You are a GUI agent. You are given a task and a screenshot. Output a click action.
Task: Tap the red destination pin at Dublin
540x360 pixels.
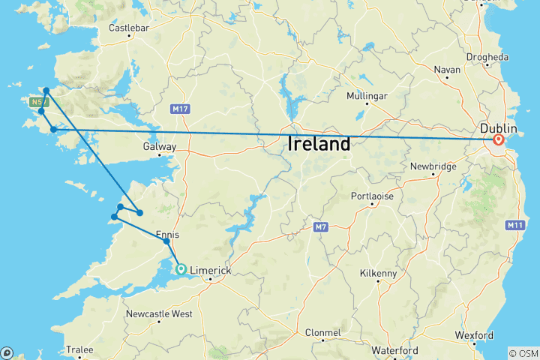[x=499, y=139]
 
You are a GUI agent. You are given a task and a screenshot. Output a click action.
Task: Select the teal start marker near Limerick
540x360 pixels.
[x=181, y=268]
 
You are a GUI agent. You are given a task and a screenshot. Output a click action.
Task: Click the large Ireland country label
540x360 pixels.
[x=319, y=144]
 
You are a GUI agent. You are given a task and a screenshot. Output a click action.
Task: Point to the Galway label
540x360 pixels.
[x=160, y=147]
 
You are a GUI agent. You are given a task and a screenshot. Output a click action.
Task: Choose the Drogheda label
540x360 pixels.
[x=487, y=57]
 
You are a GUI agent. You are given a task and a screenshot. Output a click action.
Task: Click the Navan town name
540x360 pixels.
[x=447, y=70]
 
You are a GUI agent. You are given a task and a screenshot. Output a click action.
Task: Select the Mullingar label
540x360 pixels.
[x=367, y=97]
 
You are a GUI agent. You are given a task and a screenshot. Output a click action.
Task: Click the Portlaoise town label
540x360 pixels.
[x=372, y=196]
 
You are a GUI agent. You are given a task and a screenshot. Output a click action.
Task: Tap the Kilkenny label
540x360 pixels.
[x=378, y=274]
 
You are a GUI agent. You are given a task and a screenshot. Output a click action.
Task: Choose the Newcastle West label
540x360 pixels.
[x=159, y=313]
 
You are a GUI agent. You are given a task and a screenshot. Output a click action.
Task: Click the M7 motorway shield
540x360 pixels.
[x=319, y=226]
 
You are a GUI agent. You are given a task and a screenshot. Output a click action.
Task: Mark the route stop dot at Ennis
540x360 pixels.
[x=166, y=241]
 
